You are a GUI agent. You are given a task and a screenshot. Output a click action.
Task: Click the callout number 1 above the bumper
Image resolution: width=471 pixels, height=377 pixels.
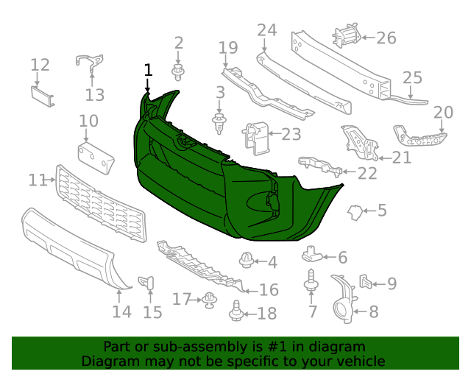148,70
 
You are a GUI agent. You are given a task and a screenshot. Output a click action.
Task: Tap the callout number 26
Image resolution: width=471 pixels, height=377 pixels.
386,38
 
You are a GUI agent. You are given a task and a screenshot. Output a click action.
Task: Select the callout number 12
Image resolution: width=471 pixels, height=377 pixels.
40,65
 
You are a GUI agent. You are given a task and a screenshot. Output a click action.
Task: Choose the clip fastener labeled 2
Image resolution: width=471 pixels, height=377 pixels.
178,72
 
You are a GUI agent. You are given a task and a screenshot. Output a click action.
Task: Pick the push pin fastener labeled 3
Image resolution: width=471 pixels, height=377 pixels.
219,121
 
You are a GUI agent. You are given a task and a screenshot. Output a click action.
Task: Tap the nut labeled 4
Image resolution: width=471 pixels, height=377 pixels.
247,259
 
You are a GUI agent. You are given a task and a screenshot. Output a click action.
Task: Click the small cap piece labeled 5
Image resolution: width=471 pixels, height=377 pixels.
355,213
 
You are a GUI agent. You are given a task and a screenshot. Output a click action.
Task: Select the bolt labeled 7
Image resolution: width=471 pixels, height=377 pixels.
311,282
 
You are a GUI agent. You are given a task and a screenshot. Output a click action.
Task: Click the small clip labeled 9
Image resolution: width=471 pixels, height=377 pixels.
366,281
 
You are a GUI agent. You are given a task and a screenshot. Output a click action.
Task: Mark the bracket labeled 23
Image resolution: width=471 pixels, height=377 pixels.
254,137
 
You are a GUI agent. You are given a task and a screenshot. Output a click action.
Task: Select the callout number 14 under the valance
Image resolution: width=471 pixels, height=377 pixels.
122,311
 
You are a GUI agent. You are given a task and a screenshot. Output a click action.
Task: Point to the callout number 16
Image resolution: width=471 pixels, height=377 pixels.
269,290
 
